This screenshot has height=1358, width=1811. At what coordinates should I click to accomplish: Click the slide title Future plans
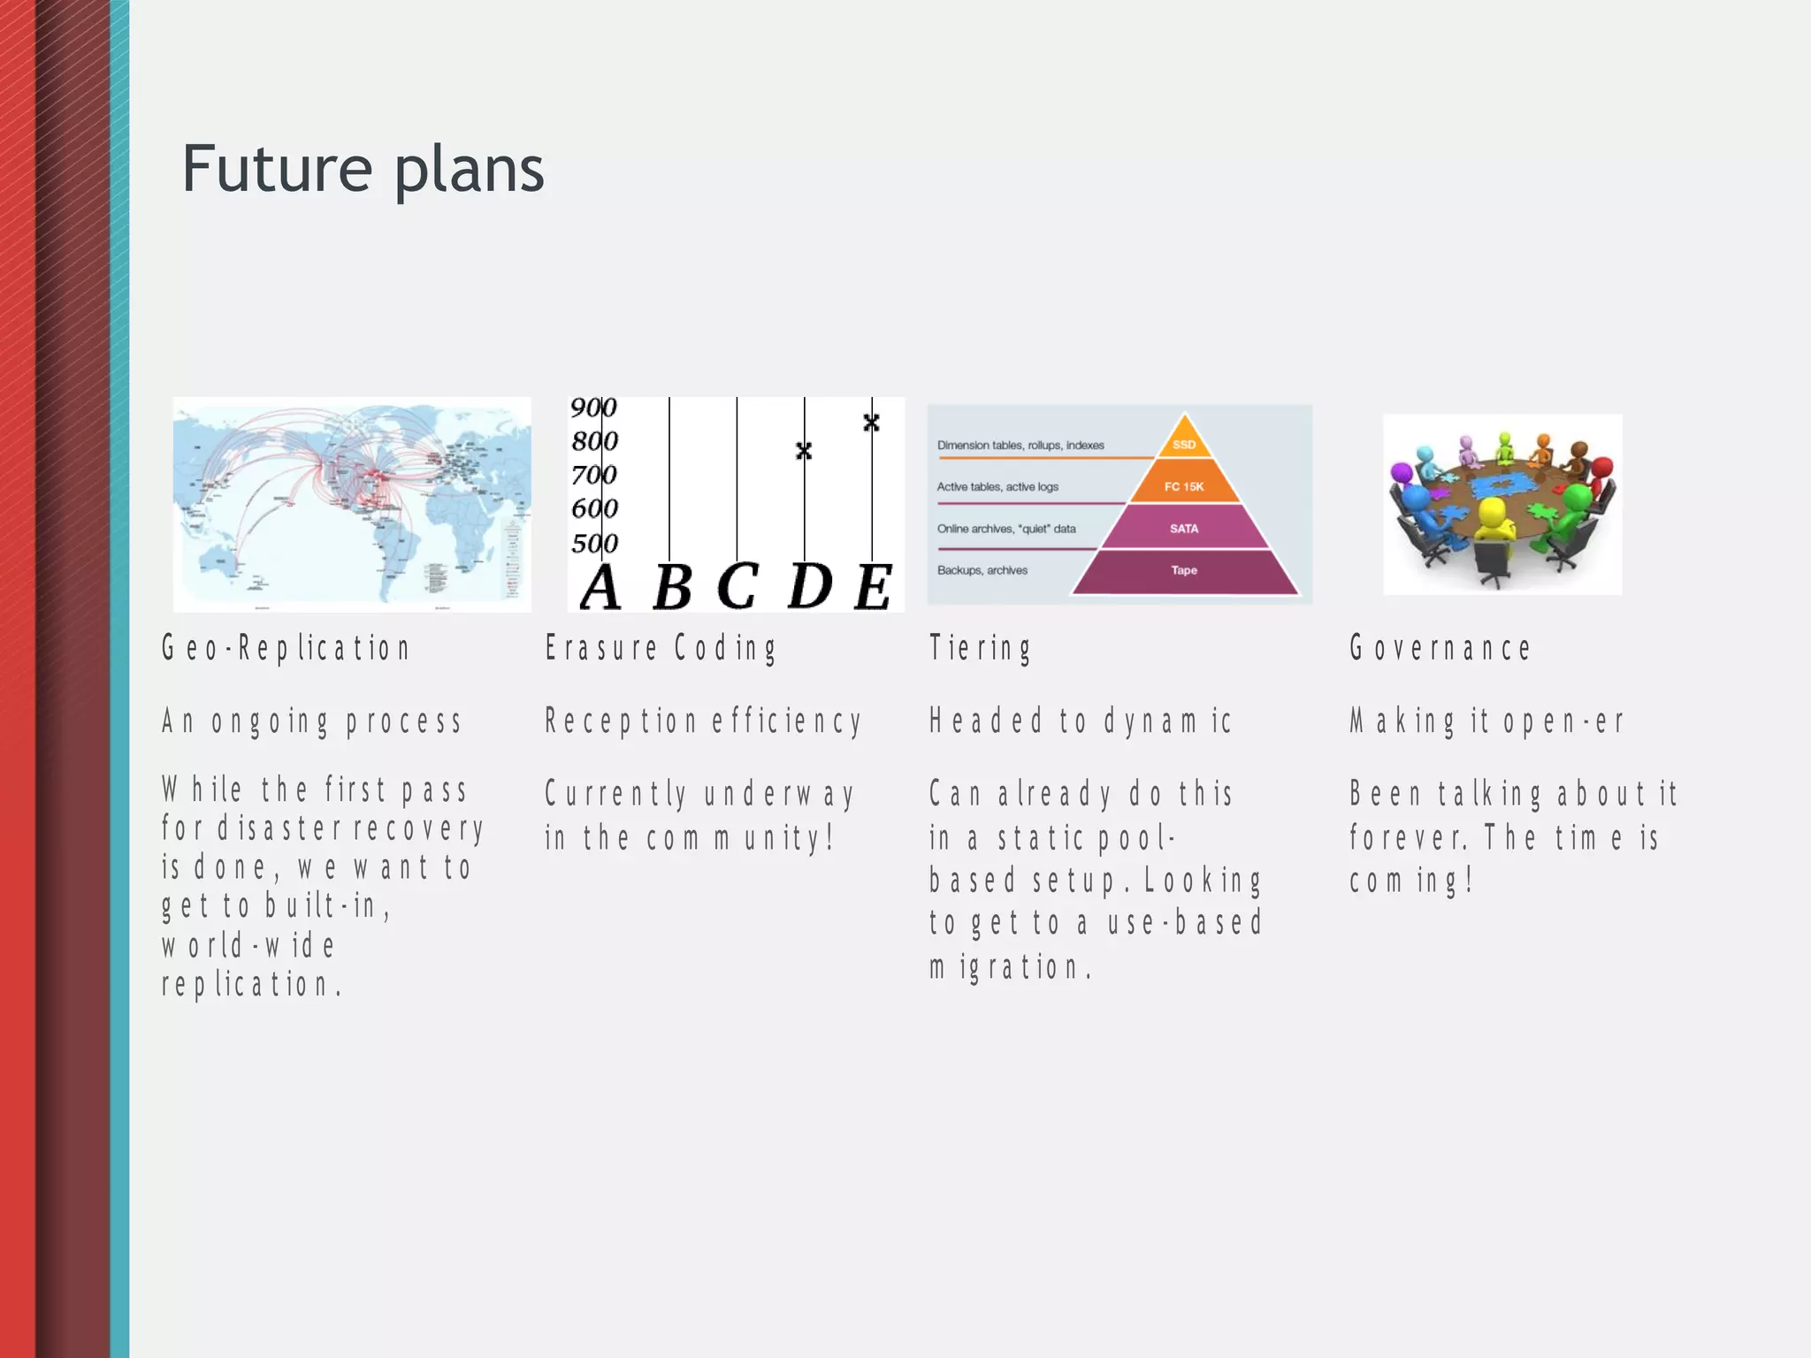pos(363,170)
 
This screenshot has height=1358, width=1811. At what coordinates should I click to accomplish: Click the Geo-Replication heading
pos(286,648)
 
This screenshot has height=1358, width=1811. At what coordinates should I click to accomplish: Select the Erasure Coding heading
pos(661,648)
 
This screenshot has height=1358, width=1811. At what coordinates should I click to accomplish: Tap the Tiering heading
pos(980,648)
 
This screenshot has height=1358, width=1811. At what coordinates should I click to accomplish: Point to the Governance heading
pos(1440,648)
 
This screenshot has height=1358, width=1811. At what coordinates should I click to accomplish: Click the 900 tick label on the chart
pos(593,408)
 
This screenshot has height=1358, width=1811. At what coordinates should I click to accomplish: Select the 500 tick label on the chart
pos(594,543)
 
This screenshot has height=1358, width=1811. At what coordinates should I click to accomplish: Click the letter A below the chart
pos(600,587)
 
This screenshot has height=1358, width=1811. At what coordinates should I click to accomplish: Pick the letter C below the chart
pos(737,586)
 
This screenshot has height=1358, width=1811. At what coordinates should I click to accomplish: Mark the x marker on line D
pos(804,451)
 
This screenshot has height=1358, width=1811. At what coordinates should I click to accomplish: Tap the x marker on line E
pos(871,423)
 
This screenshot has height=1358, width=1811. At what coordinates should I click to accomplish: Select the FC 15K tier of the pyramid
pos(1184,486)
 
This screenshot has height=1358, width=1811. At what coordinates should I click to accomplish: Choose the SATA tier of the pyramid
pos(1184,529)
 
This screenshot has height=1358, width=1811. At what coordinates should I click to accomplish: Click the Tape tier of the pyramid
pos(1184,571)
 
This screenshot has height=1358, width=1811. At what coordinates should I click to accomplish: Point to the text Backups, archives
pos(982,570)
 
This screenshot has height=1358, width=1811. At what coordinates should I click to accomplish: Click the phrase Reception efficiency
pos(702,721)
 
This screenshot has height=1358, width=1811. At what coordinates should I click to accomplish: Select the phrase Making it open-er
pos(1486,721)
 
